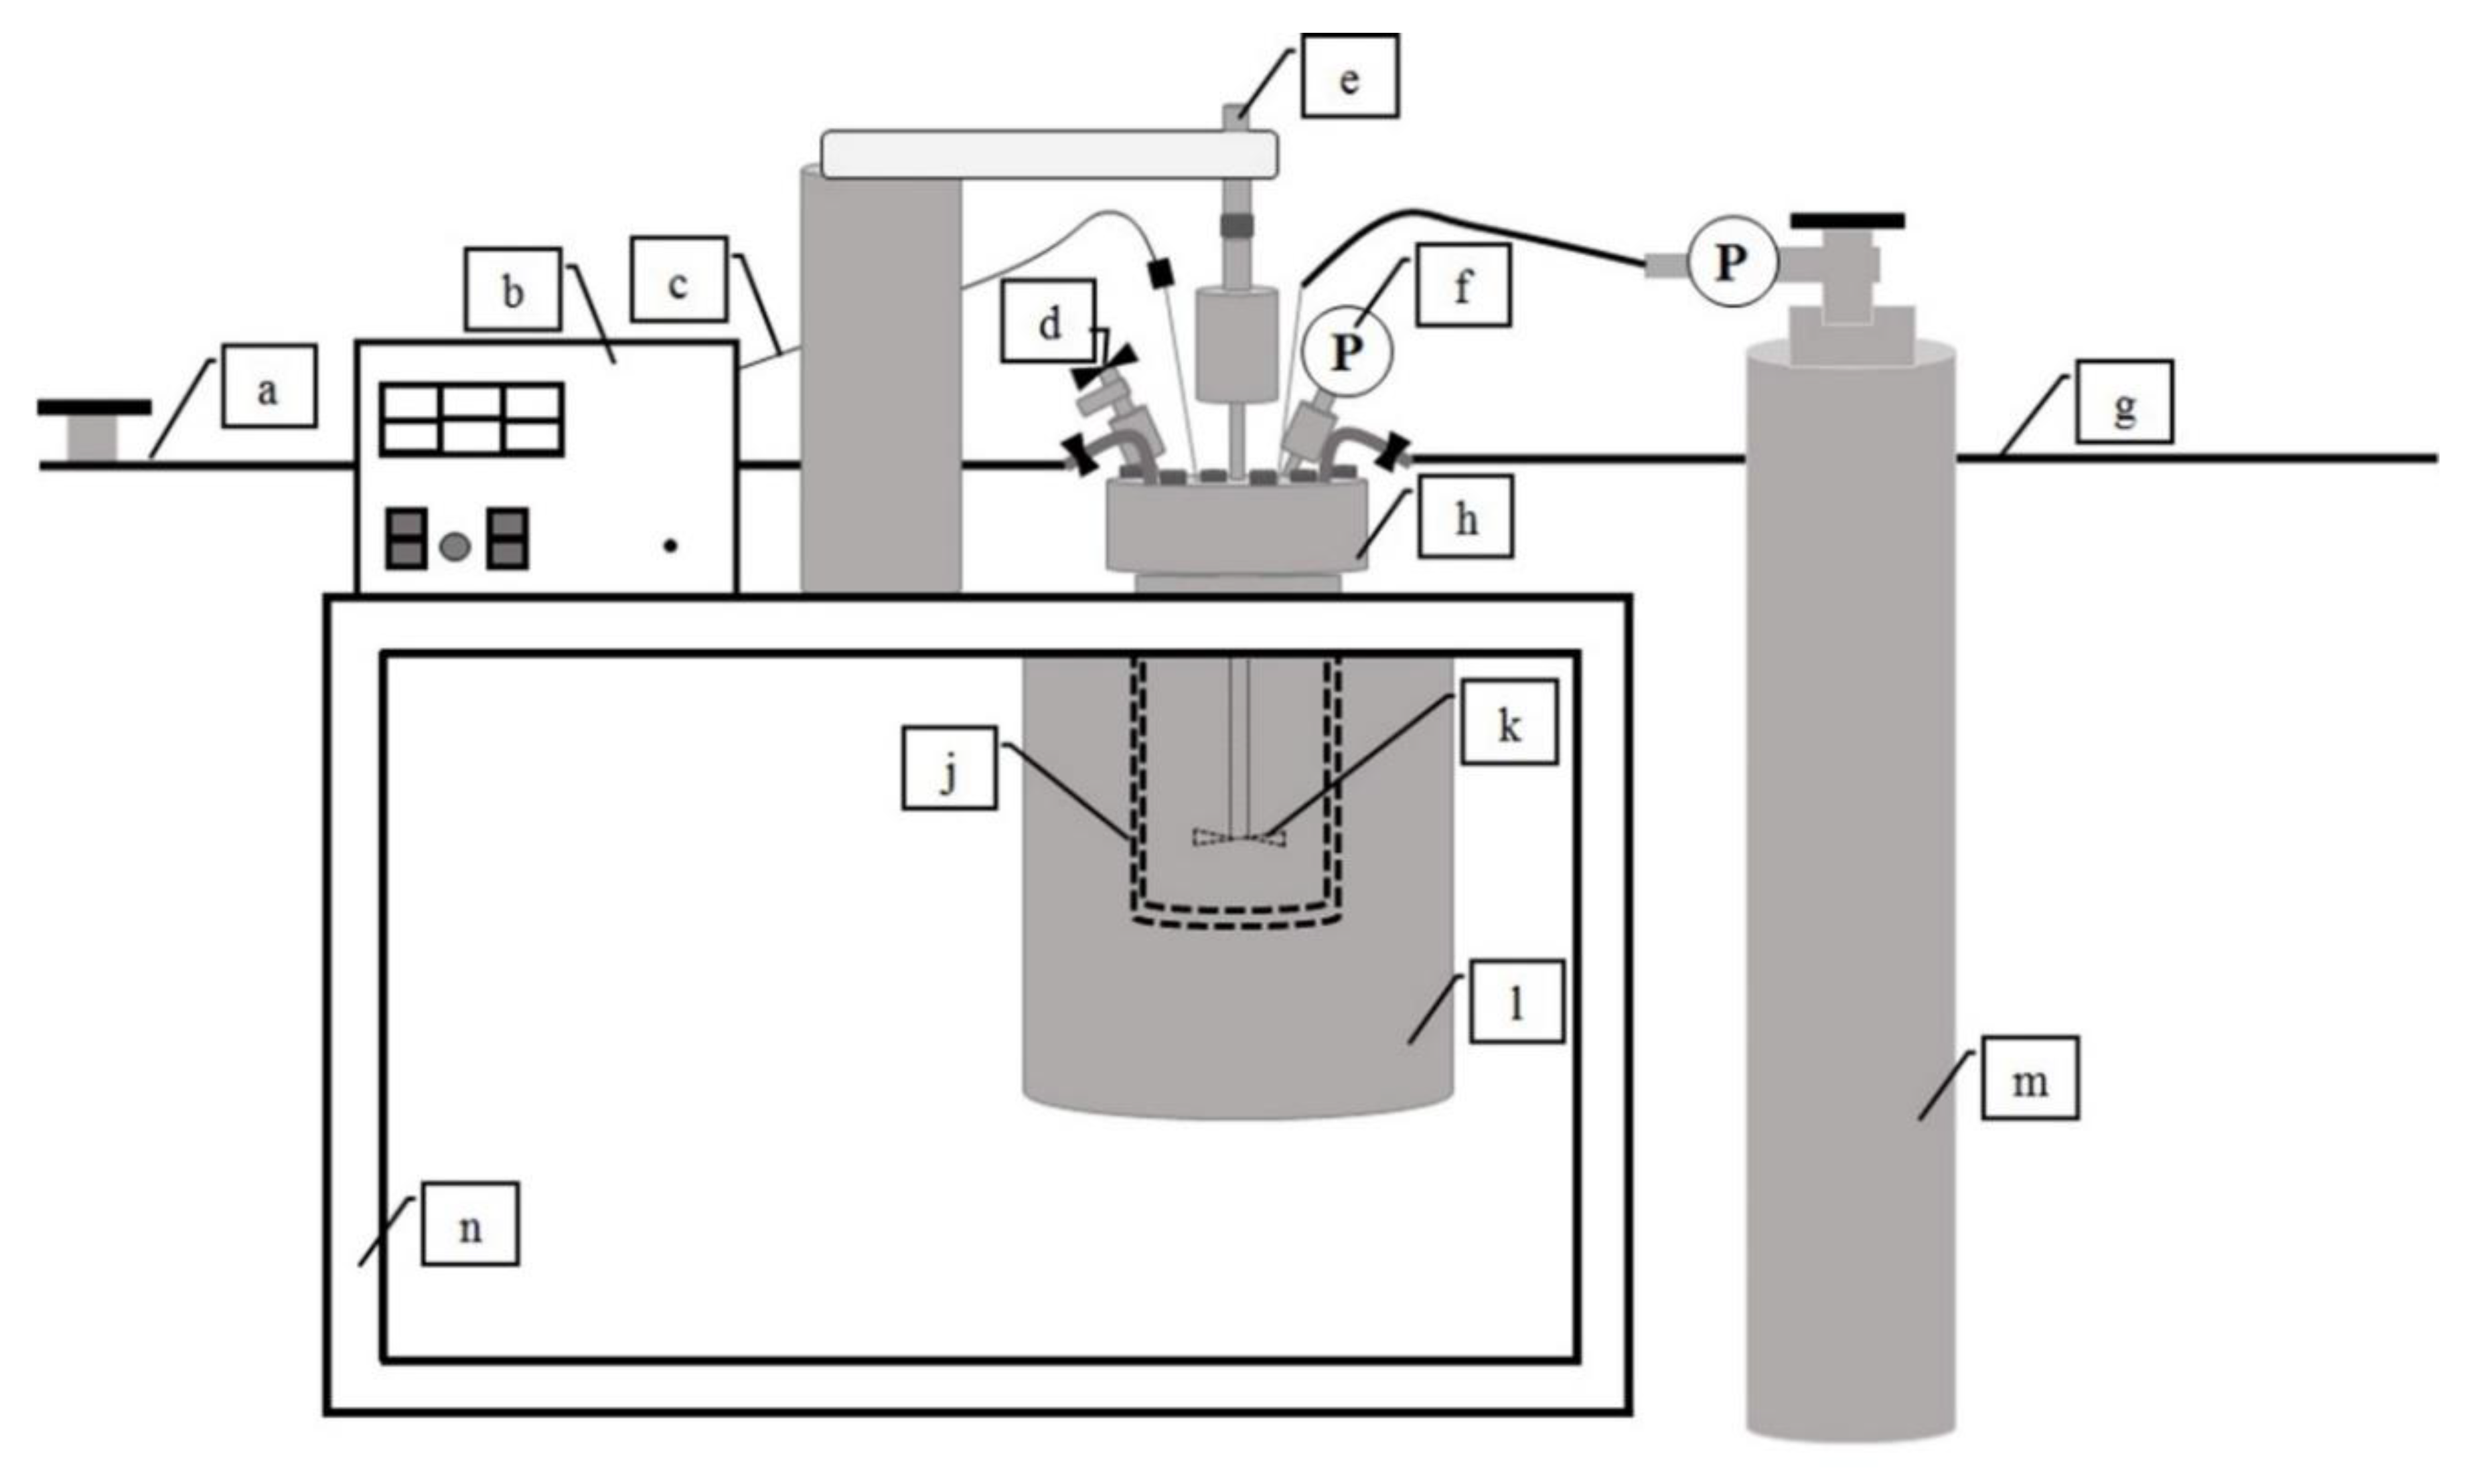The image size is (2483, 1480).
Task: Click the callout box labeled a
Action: coord(269,386)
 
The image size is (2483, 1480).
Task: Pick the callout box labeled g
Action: coord(2124,402)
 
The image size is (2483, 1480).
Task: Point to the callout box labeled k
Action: coord(1509,722)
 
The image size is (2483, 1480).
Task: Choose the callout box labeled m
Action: coord(2029,1078)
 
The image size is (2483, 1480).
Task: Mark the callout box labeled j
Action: coord(949,767)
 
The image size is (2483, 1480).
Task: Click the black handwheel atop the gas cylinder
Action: coord(1847,220)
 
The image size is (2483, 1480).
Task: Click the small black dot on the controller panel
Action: coord(670,546)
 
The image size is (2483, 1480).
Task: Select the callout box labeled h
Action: coord(1465,515)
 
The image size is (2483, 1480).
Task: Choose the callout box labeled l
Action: coord(1515,1001)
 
